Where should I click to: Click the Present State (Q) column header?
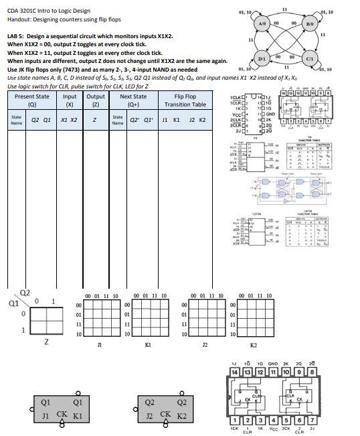[31, 100]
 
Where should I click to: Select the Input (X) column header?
[70, 100]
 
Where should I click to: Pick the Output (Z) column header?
[96, 100]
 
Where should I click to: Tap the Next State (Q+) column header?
[133, 100]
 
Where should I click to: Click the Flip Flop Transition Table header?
[181, 100]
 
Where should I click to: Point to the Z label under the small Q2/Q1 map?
[46, 342]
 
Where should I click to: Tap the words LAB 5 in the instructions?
[17, 35]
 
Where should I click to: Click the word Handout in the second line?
[18, 19]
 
